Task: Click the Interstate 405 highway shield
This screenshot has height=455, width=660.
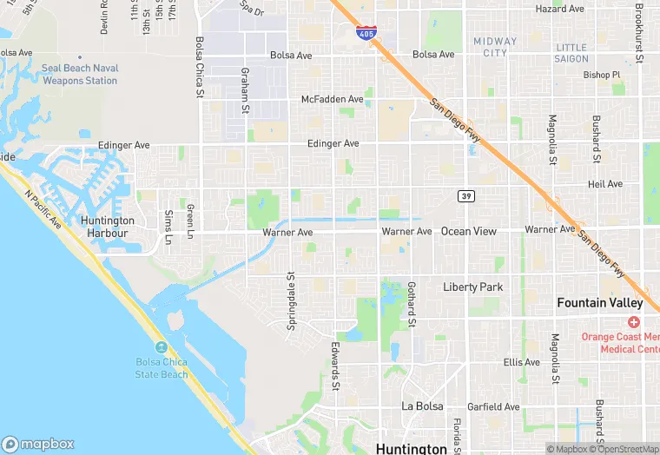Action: pos(366,33)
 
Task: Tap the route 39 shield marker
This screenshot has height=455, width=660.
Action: pos(467,196)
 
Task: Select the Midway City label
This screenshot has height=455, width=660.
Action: pos(495,47)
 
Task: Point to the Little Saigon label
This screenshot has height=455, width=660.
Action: pos(571,53)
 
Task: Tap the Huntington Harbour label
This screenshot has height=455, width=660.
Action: pos(104,227)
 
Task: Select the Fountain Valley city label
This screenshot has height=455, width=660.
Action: pos(600,303)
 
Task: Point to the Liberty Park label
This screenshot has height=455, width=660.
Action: pos(472,287)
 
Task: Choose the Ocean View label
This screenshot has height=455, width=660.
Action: pos(469,231)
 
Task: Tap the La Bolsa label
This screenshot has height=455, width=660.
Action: pos(422,406)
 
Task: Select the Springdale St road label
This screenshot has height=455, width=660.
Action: pos(291,301)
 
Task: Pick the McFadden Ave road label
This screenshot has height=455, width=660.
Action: pos(332,100)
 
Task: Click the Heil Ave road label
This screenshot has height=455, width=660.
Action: pos(604,184)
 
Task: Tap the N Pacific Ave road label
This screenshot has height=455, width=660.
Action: pos(43,210)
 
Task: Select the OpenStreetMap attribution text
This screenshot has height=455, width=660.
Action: pos(624,449)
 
